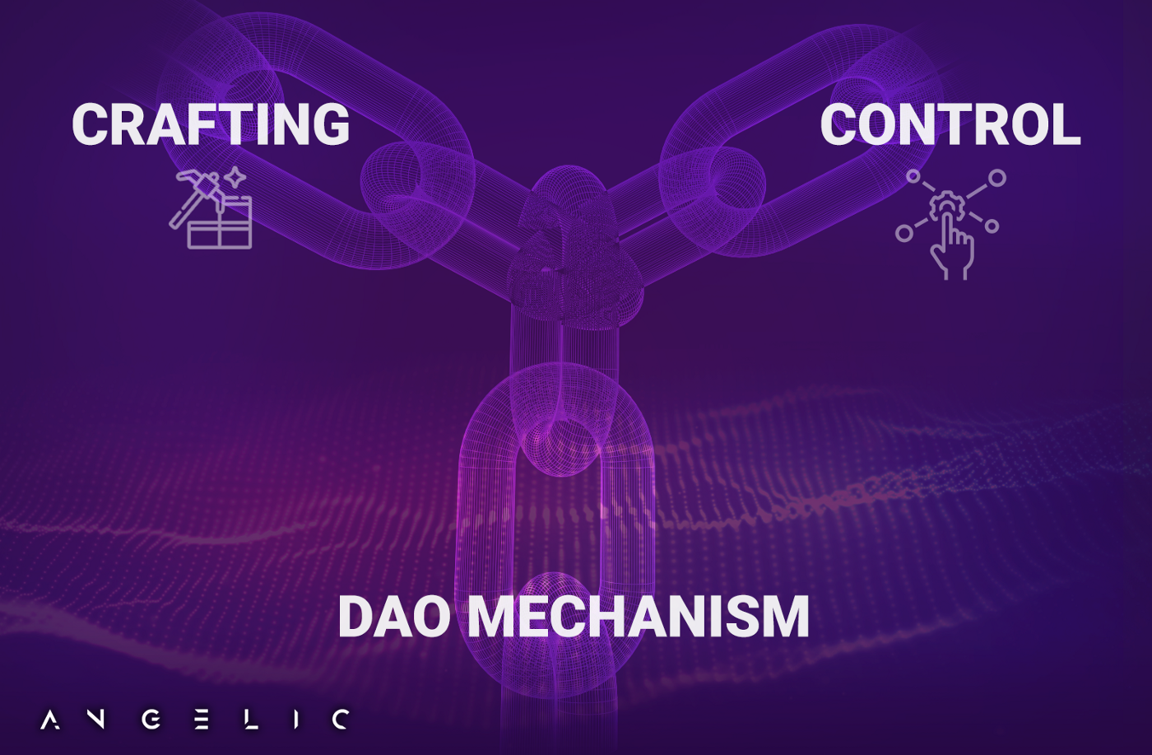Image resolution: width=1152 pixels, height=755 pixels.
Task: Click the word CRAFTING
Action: (211, 124)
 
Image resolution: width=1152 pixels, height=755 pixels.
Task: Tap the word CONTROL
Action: (950, 124)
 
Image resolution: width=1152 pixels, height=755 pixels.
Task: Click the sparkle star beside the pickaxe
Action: (236, 177)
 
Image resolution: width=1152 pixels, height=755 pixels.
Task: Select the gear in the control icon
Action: (947, 206)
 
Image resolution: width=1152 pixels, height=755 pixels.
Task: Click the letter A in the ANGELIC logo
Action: (50, 720)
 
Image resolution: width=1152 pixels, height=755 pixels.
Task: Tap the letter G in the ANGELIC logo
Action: (151, 720)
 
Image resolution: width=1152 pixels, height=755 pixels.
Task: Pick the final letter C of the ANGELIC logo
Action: (341, 720)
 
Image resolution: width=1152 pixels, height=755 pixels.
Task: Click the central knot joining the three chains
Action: (574, 247)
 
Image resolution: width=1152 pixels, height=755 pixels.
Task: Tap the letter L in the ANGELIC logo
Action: (251, 720)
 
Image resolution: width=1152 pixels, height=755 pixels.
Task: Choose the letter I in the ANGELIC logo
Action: (296, 720)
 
